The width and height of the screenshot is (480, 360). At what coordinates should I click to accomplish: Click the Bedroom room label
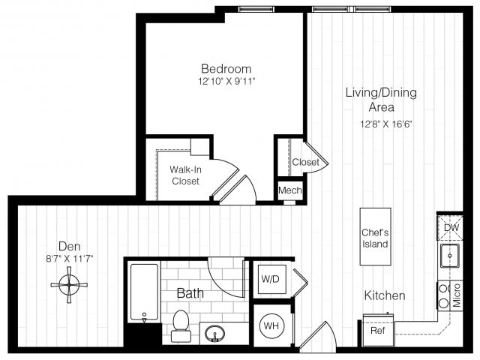pyautogui.click(x=226, y=68)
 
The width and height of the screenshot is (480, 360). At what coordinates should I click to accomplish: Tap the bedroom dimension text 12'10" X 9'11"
pyautogui.click(x=226, y=82)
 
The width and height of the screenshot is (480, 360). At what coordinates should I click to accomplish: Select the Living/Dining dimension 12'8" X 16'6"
pyautogui.click(x=387, y=124)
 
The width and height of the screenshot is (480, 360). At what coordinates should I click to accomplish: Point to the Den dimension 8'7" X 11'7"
pyautogui.click(x=70, y=259)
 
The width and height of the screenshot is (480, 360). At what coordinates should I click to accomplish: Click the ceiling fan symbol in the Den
pyautogui.click(x=69, y=285)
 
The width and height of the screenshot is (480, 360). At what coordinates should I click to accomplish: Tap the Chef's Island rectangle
pyautogui.click(x=375, y=237)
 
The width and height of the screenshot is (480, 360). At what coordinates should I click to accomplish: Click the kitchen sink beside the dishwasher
pyautogui.click(x=450, y=256)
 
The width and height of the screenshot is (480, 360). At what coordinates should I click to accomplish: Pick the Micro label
pyautogui.click(x=457, y=295)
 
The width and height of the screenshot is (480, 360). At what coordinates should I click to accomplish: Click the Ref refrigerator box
pyautogui.click(x=378, y=330)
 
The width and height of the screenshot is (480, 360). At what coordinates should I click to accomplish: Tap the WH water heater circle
pyautogui.click(x=271, y=325)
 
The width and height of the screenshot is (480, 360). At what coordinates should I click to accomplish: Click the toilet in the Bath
pyautogui.click(x=181, y=326)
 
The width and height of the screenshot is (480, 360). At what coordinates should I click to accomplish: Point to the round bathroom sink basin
pyautogui.click(x=215, y=334)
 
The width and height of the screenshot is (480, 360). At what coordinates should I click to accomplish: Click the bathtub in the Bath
pyautogui.click(x=144, y=292)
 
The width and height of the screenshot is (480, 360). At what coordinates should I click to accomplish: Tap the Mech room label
pyautogui.click(x=289, y=190)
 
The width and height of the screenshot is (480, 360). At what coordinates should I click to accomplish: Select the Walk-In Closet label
pyautogui.click(x=185, y=175)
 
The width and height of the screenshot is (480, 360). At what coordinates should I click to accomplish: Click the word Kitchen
pyautogui.click(x=385, y=295)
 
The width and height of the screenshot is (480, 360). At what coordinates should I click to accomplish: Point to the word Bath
pyautogui.click(x=190, y=293)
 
